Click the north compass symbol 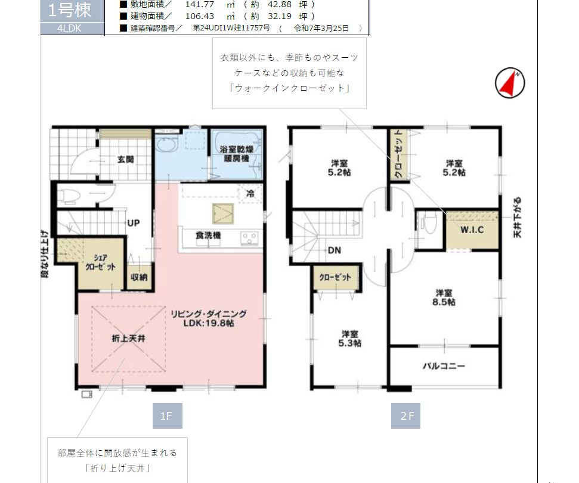510,83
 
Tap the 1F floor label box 168,416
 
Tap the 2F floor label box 406,416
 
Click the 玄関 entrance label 126,160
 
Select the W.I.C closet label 472,230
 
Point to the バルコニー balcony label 444,366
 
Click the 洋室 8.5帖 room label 444,298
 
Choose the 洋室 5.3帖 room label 349,339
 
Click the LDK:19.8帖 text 209,323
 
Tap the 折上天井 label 129,338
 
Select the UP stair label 134,223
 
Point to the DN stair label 334,250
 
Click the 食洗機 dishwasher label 208,235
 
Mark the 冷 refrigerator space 250,193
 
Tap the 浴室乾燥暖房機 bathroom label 236,154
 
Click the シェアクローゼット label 100,262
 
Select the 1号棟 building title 69,10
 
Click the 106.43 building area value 199,16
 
